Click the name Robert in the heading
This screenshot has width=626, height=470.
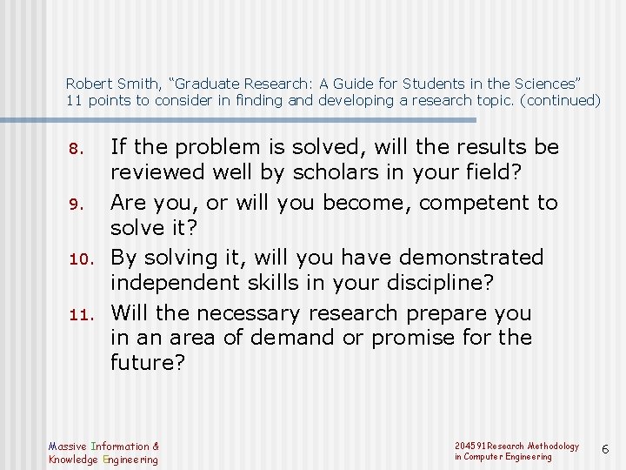[87, 84]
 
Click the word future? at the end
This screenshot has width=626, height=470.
[148, 362]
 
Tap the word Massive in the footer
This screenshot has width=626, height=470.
[68, 446]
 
